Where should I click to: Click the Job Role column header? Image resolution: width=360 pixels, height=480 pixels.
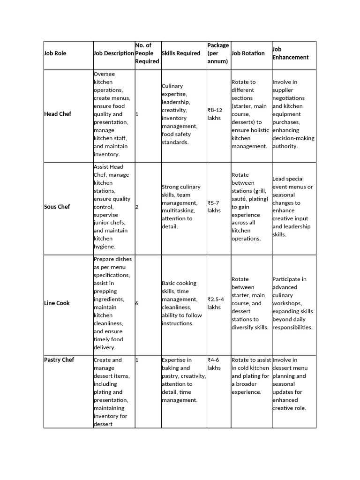(x=55, y=53)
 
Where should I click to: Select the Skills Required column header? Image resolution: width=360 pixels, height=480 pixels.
(x=181, y=53)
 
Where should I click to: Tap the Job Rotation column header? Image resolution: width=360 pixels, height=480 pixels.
(x=248, y=53)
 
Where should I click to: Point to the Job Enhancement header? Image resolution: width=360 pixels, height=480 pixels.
(x=290, y=53)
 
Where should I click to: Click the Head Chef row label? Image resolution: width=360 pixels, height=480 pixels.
(x=58, y=114)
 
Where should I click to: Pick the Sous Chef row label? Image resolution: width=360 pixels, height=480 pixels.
(x=57, y=207)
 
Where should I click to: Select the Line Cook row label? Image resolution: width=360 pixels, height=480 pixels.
(x=57, y=303)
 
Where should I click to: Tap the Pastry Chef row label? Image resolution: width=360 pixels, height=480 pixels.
(x=59, y=360)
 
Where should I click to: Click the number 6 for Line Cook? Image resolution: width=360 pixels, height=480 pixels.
(x=137, y=303)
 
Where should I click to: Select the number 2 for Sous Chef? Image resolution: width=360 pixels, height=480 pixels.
(x=137, y=207)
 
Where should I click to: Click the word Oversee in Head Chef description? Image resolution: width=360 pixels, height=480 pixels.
(x=104, y=74)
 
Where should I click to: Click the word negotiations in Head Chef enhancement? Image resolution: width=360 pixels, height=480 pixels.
(x=288, y=98)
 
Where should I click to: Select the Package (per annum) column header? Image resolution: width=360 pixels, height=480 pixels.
(x=218, y=53)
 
